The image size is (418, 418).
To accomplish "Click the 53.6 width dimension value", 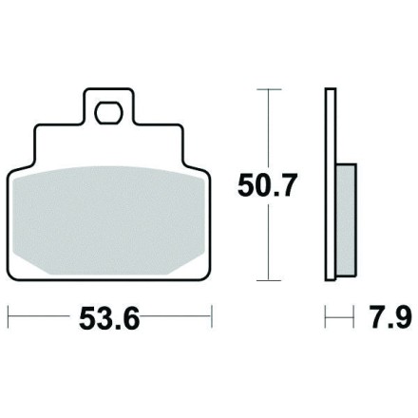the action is pyautogui.click(x=109, y=318).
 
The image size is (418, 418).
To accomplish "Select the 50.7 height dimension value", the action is pyautogui.click(x=268, y=185).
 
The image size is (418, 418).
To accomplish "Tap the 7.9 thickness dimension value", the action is pyautogui.click(x=391, y=317).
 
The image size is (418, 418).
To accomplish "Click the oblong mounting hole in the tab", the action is pyautogui.click(x=109, y=113).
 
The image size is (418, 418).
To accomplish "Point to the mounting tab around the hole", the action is pyautogui.click(x=109, y=106).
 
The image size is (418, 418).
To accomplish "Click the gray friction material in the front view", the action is pyautogui.click(x=108, y=220).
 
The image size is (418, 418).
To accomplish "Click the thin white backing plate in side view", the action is pyautogui.click(x=331, y=184).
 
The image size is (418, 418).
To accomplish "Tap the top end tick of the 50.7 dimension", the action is pyautogui.click(x=269, y=89).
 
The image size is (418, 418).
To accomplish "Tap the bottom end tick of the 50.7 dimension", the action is pyautogui.click(x=269, y=280).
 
